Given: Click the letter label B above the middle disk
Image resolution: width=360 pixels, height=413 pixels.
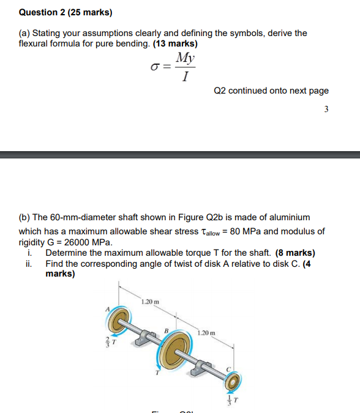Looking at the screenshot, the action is tap(165, 330).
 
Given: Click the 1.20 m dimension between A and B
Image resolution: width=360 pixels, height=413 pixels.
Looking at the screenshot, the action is tap(149, 302).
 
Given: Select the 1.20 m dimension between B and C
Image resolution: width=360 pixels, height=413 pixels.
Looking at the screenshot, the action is tap(206, 333).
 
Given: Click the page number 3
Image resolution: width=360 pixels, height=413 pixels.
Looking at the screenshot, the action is tap(326, 110).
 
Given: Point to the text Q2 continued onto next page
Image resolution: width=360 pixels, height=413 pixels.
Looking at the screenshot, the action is tap(271, 91).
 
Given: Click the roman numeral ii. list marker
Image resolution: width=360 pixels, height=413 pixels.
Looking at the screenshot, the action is tap(29, 264).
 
